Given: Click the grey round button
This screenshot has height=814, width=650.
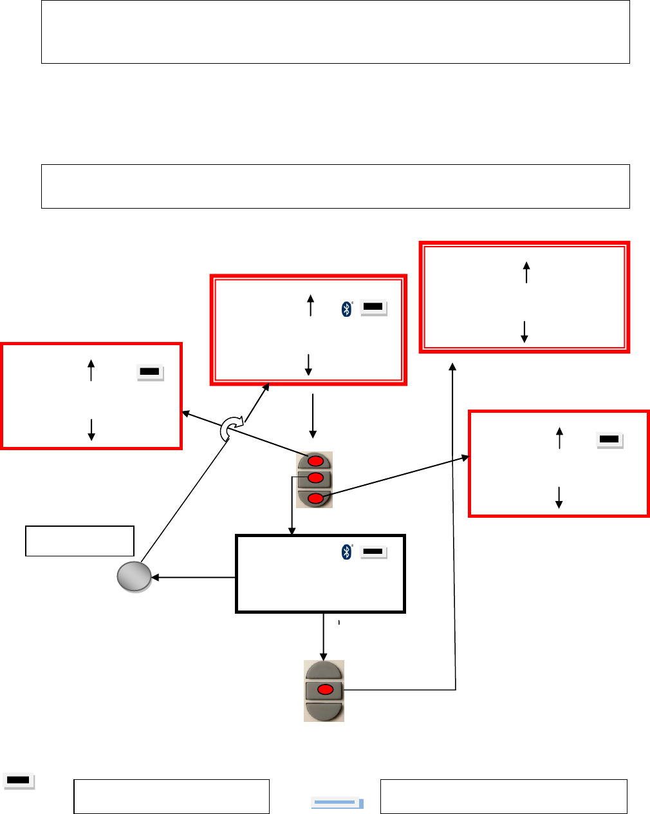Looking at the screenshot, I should pyautogui.click(x=134, y=576).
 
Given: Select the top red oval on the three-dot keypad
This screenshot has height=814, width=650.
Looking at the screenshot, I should pyautogui.click(x=315, y=462).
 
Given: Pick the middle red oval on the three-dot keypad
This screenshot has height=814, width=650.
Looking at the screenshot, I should pyautogui.click(x=315, y=478).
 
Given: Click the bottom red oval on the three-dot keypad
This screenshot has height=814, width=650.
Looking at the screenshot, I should pyautogui.click(x=315, y=498).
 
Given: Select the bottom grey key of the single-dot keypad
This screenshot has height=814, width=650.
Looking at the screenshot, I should pyautogui.click(x=324, y=710).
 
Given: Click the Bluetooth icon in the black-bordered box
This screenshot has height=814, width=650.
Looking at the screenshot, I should pyautogui.click(x=347, y=551).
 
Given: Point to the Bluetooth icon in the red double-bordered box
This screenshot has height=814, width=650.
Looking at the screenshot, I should pyautogui.click(x=347, y=309).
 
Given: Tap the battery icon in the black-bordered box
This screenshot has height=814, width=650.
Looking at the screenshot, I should pyautogui.click(x=373, y=552).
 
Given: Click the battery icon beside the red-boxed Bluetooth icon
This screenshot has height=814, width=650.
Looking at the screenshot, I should pyautogui.click(x=374, y=308).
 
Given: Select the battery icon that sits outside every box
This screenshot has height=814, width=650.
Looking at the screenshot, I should pyautogui.click(x=19, y=781).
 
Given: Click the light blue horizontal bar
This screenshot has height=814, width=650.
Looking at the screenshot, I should pyautogui.click(x=337, y=802).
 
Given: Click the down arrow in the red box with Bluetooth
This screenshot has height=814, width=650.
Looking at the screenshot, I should pyautogui.click(x=308, y=364).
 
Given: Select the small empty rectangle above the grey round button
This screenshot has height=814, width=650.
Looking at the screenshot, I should pyautogui.click(x=80, y=540).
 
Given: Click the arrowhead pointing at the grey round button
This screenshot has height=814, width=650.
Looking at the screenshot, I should pyautogui.click(x=155, y=578).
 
